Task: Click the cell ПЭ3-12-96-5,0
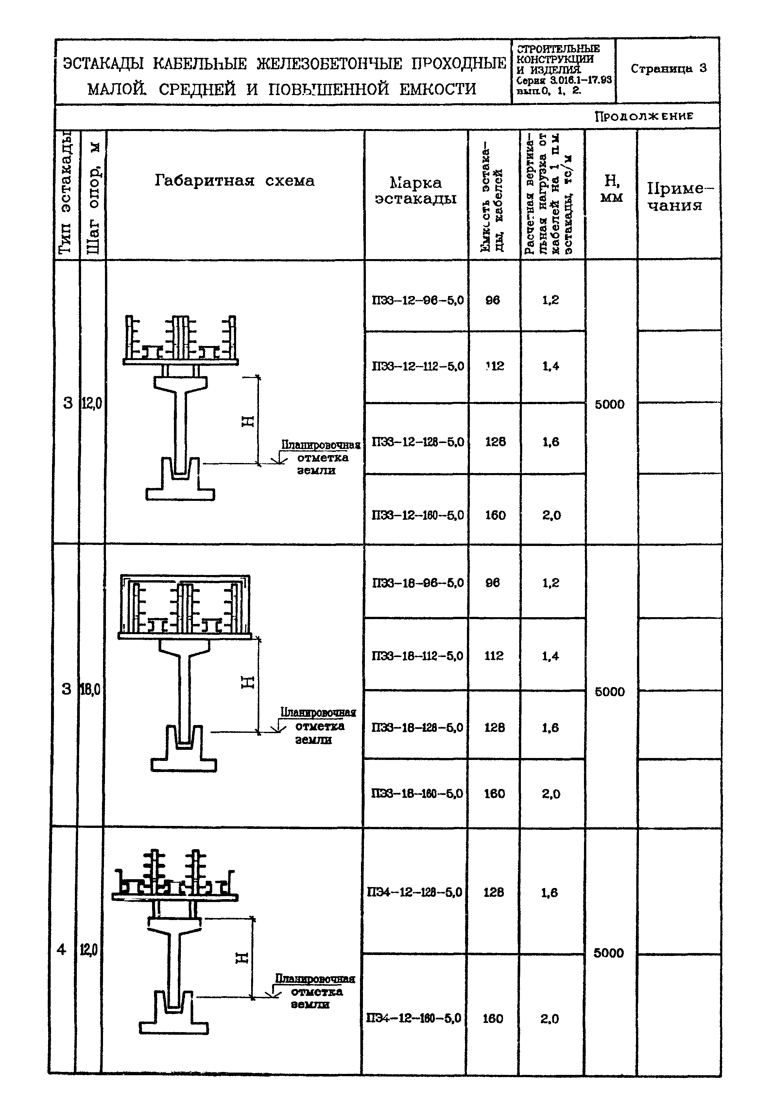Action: coord(418,300)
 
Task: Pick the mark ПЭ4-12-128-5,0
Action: coord(415,892)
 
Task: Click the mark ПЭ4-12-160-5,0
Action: coord(414,1018)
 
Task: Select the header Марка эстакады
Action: coord(416,190)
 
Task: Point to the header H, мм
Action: coord(611,189)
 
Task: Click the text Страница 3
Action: coord(668,68)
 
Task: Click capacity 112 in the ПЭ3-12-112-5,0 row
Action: coord(494,366)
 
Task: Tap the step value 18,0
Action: coord(90,689)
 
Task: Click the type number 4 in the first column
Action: coord(61,950)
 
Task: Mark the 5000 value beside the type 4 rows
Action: coord(609,953)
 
